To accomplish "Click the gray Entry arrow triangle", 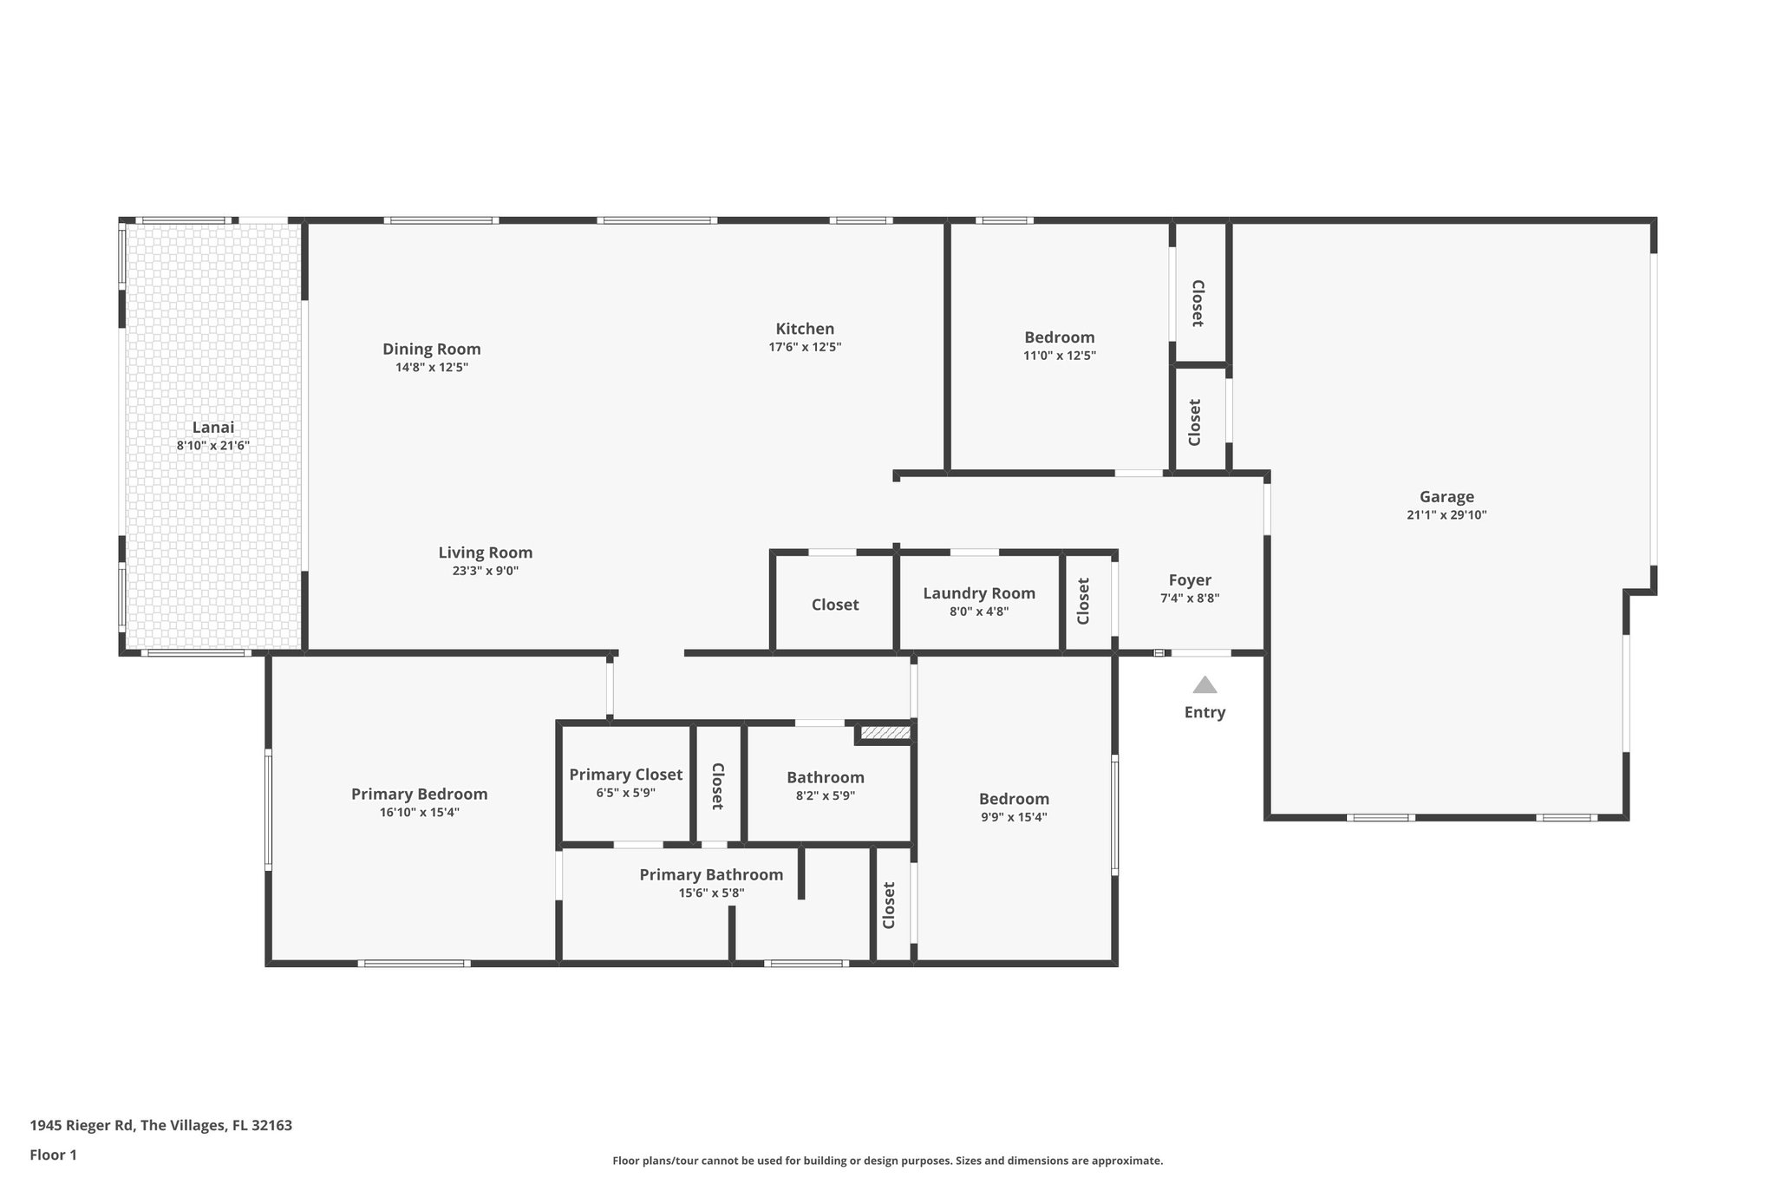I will [1205, 685].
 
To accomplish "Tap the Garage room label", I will [1446, 497].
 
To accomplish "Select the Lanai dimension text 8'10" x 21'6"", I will [213, 446].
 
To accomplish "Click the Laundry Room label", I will [979, 593].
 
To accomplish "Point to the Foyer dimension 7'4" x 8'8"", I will [1190, 599].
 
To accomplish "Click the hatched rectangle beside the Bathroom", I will [885, 733].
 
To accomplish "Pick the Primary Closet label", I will [625, 775].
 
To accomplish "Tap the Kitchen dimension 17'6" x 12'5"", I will [805, 347].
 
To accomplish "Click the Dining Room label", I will [432, 349].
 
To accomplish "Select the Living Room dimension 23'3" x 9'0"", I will [486, 571].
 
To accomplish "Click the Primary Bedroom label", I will [419, 794].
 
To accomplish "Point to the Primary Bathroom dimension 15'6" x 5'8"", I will [711, 893].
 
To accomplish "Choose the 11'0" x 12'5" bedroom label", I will [1059, 337].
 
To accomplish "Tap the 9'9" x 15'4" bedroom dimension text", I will [1014, 817].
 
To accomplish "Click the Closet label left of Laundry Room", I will [835, 605].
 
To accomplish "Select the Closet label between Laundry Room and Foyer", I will [1083, 601].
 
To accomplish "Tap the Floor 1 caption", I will [54, 1155].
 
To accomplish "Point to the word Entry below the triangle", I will [1205, 712].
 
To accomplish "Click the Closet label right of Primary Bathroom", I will [889, 906].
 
